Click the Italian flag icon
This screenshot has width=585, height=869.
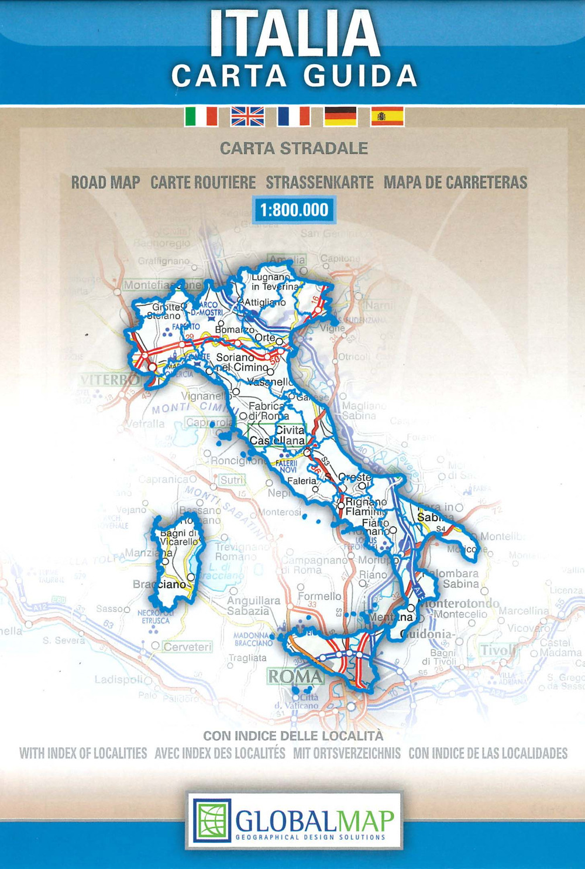[201, 116]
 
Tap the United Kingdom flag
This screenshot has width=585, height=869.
[247, 116]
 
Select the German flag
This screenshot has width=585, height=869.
[340, 116]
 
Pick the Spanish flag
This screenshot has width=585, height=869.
[387, 116]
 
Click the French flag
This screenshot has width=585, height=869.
[294, 116]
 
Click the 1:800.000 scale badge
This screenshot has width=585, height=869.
[294, 210]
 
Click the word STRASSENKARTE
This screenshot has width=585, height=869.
[319, 183]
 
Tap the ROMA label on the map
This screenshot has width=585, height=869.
[295, 677]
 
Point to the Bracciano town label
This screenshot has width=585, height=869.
[159, 584]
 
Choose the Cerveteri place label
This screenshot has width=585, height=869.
[187, 646]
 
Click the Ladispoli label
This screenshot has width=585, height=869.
[118, 680]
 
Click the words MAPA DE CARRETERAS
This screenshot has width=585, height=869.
[455, 183]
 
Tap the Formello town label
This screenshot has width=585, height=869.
[319, 596]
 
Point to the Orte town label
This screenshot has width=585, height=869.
[265, 338]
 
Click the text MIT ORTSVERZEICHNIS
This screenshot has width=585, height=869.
[347, 753]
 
